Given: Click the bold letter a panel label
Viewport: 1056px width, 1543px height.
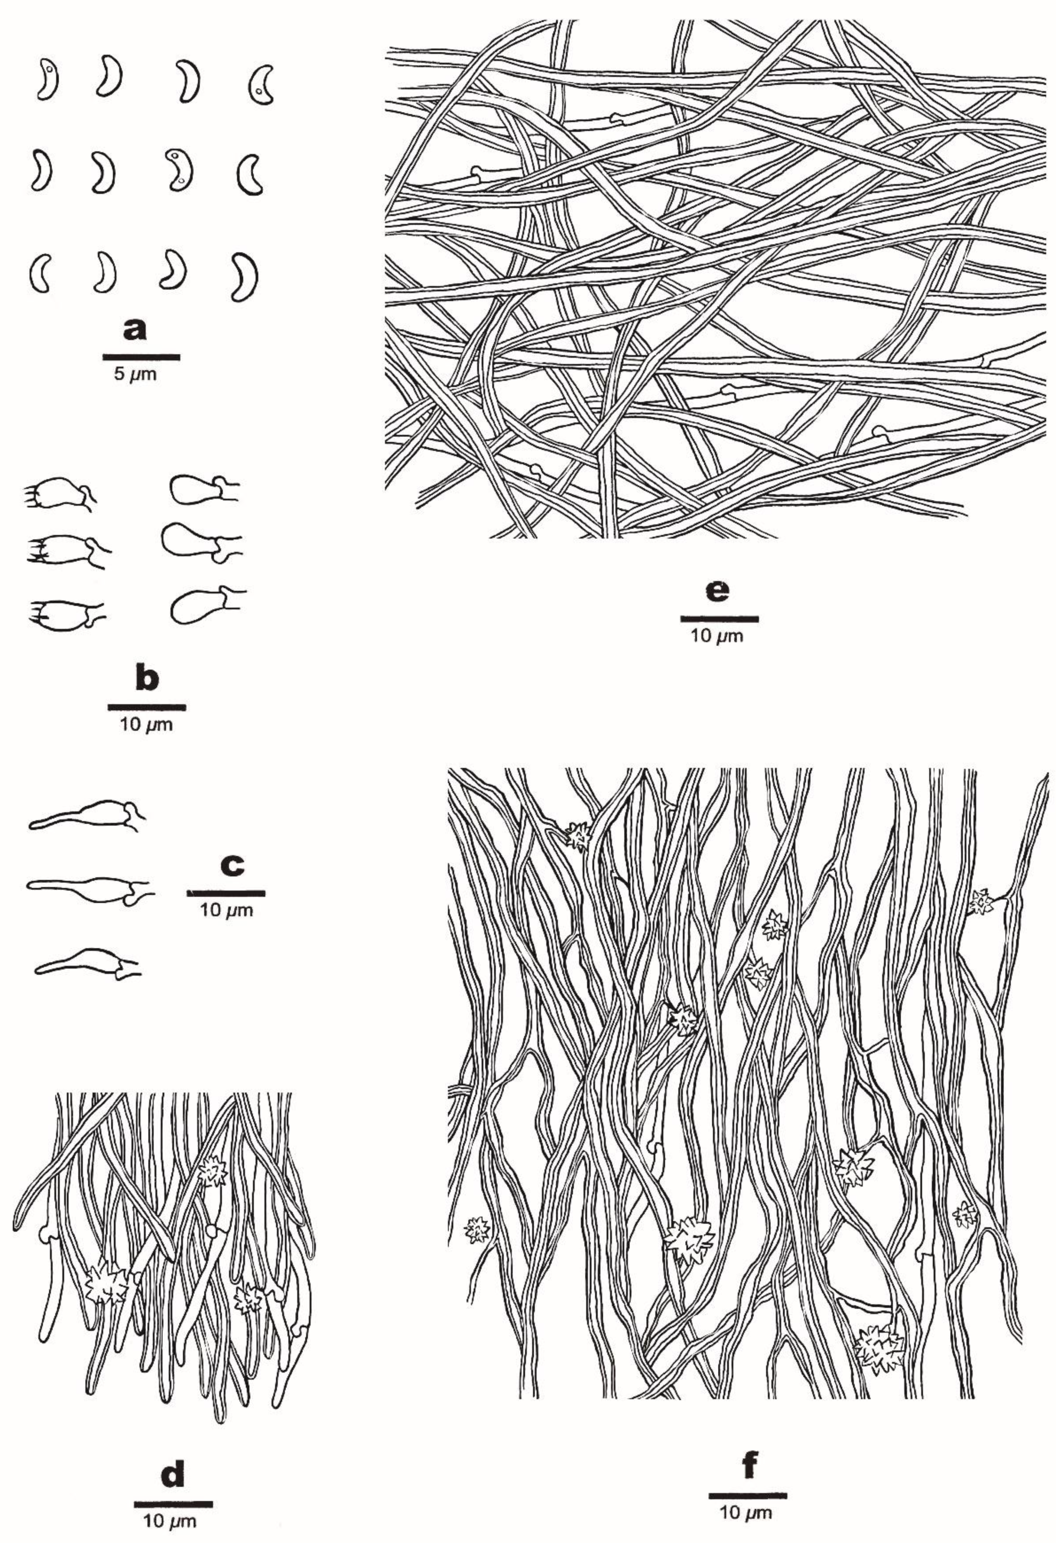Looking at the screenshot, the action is pos(135,329).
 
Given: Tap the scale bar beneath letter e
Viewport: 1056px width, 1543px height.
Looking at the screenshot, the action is pos(719,619).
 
